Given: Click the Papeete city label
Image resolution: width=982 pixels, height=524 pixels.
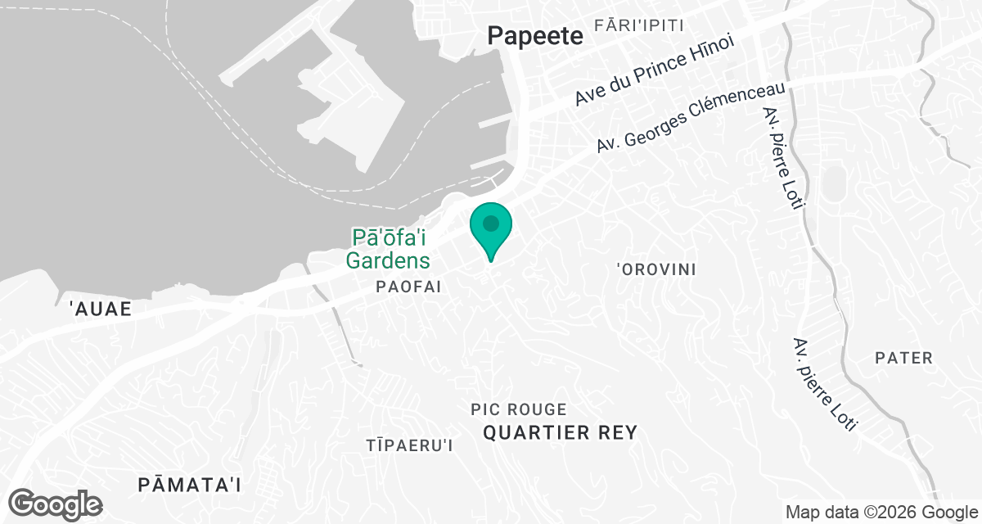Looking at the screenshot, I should tap(534, 35).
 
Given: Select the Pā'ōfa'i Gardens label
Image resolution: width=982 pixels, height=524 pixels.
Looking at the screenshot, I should tap(390, 249).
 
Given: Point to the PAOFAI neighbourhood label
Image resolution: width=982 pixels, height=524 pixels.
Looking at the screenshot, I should tap(408, 287).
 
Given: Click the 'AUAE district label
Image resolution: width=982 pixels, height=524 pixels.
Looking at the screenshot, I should tap(101, 309).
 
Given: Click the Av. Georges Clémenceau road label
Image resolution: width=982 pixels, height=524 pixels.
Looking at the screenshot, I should tap(691, 116).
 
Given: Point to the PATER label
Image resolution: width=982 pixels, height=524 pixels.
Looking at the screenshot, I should tap(903, 358).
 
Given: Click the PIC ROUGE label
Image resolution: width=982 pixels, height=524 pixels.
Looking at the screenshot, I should tap(519, 409).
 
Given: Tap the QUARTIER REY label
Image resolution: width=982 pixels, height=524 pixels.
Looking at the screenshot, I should tap(560, 433).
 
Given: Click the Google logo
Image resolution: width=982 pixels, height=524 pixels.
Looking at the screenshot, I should tap(56, 503).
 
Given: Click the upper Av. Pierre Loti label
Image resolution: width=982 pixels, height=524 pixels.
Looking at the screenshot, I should tap(781, 158).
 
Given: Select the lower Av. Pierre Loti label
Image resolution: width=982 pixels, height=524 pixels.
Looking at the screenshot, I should tap(825, 385).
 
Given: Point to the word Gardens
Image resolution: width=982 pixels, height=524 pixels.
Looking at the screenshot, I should tap(388, 261).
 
